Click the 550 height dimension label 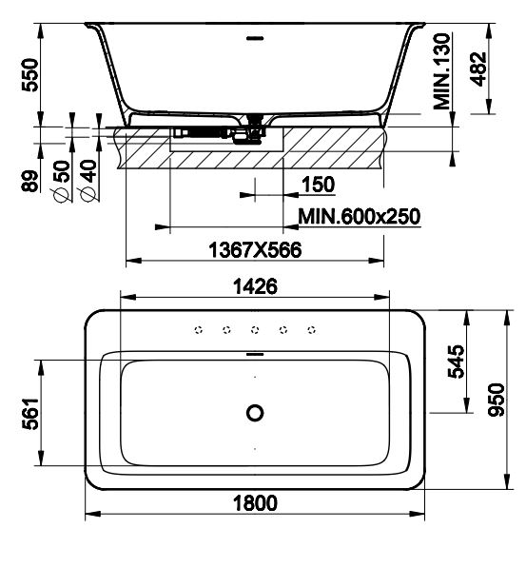29,75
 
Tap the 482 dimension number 478,69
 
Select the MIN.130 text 441,71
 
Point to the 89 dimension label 29,181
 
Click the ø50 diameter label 61,182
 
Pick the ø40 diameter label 88,181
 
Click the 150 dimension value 319,185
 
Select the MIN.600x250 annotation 360,216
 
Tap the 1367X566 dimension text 255,249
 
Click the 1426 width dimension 255,286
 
